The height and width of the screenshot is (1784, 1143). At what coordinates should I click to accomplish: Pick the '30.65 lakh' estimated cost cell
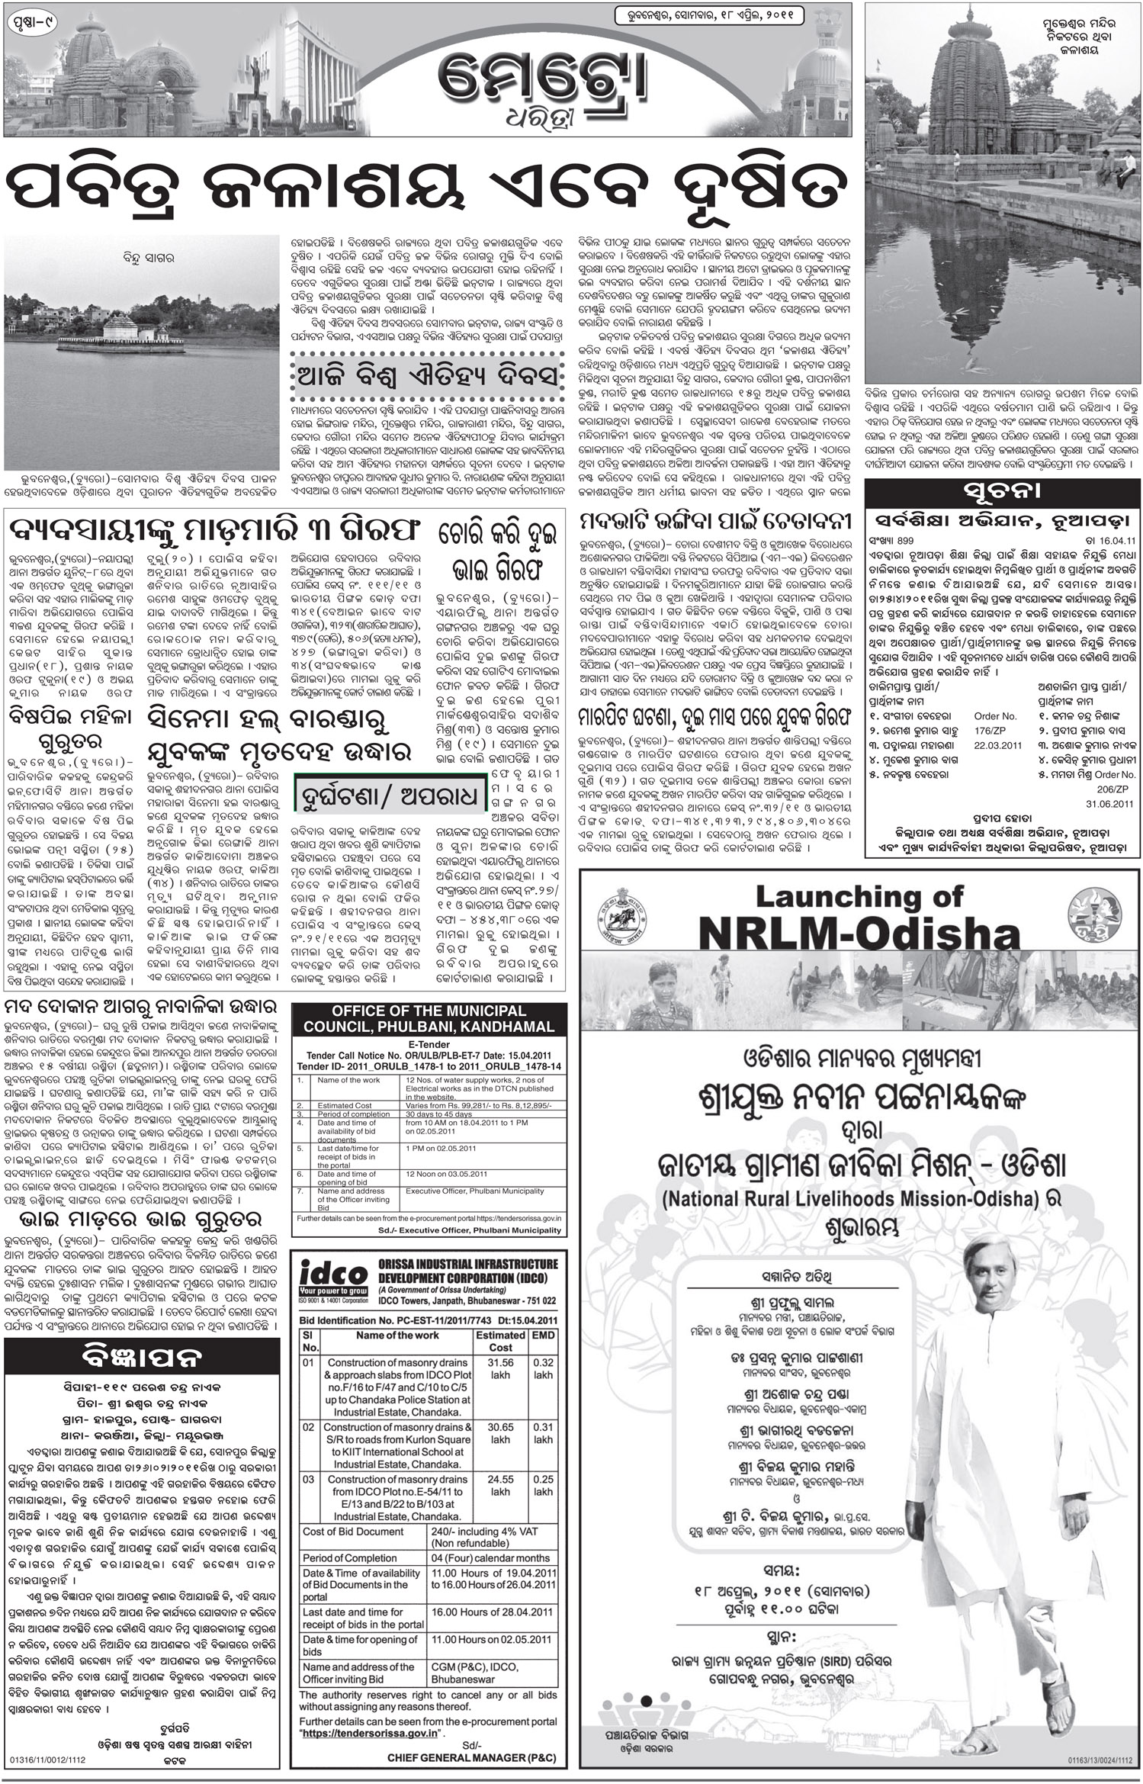[500, 1433]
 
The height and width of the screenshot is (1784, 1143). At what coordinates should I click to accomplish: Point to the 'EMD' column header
[543, 1335]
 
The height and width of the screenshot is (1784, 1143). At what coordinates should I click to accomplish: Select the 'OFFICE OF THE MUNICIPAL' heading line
[429, 1010]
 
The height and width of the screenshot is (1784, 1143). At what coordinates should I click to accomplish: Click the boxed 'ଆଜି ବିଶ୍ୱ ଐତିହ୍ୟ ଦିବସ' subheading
[430, 378]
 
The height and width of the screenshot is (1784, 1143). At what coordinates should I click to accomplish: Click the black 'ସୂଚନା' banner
[1003, 489]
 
